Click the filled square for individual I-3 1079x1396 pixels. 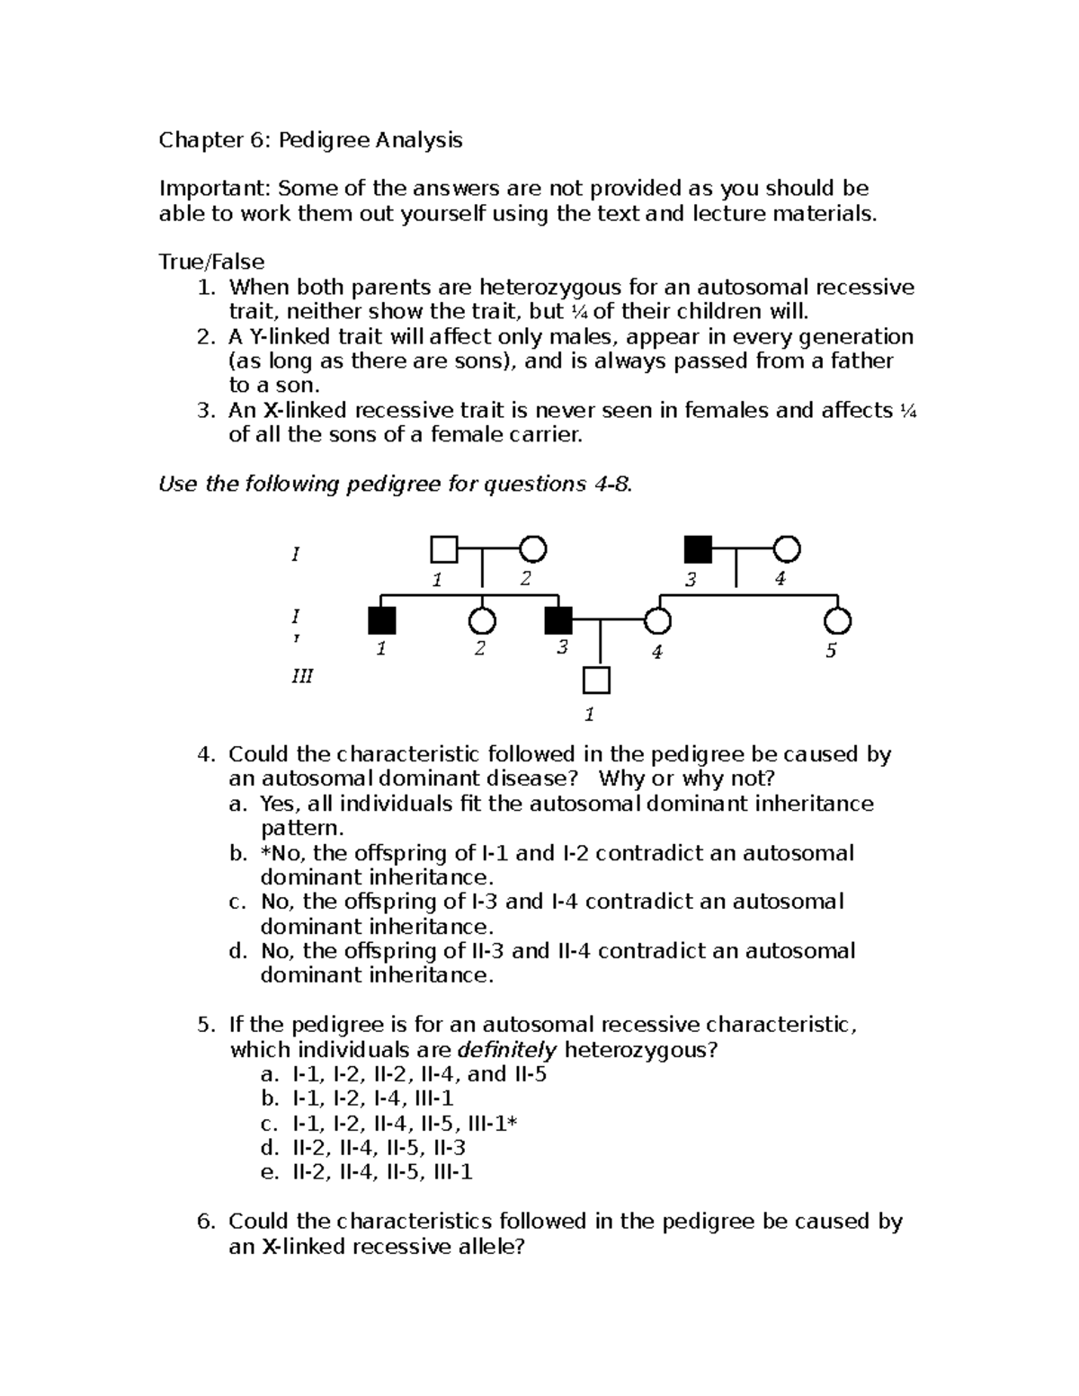698,548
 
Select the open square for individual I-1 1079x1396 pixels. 443,548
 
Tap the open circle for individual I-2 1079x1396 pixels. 533,548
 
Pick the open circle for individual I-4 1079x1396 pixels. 787,548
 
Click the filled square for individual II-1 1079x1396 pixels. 382,620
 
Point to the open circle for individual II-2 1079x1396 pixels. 483,620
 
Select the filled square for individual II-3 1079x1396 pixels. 558,620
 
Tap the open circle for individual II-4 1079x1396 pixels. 658,620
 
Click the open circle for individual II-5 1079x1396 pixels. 837,620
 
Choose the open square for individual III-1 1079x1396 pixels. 596,680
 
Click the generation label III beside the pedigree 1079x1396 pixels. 301,675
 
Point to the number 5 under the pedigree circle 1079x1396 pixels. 831,651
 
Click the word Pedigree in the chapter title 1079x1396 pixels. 323,140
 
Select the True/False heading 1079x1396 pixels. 211,262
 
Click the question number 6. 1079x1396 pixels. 206,1222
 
